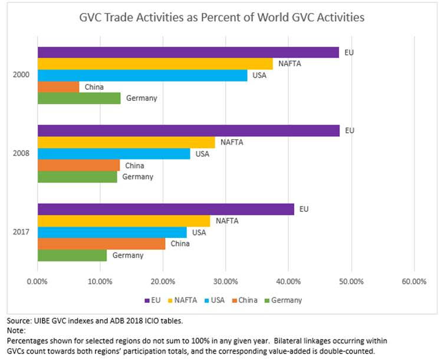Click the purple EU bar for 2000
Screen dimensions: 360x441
click(x=189, y=53)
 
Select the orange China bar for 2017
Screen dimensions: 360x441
click(x=101, y=244)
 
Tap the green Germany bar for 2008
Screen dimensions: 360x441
click(x=77, y=176)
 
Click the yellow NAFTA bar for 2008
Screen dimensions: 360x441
click(x=126, y=142)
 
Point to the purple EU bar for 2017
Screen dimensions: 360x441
click(x=166, y=209)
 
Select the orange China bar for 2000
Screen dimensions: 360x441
click(x=58, y=87)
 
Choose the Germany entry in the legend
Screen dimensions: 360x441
click(x=285, y=300)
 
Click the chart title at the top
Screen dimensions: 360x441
click(x=222, y=17)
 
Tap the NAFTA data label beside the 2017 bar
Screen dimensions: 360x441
click(x=227, y=221)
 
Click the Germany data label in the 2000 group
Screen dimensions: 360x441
click(x=141, y=98)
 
